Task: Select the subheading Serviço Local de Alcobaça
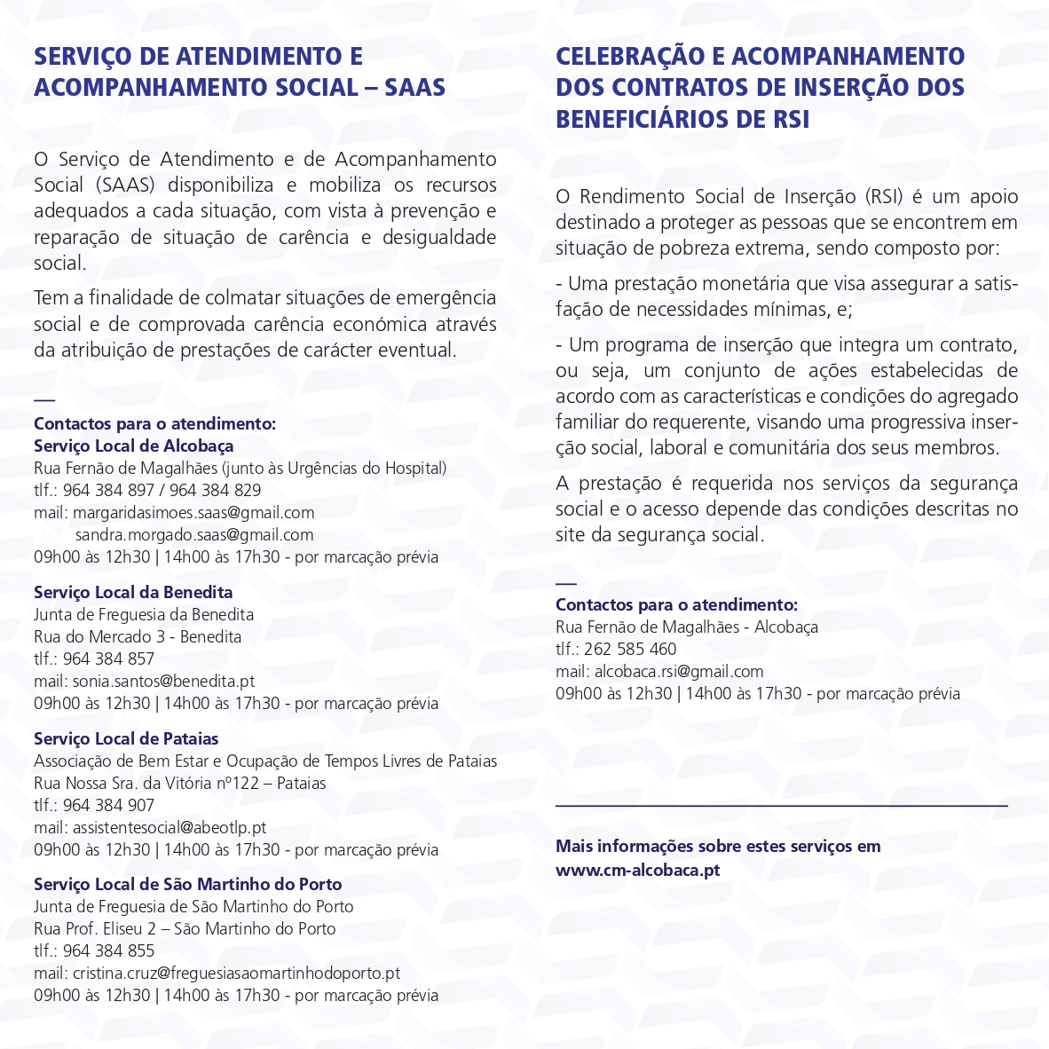pyautogui.click(x=133, y=446)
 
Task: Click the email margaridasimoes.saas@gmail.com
pyautogui.click(x=193, y=512)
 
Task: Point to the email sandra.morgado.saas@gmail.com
pyautogui.click(x=194, y=534)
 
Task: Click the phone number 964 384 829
pyautogui.click(x=216, y=490)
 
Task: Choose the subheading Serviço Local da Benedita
pyautogui.click(x=133, y=592)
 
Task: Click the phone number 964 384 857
pyautogui.click(x=108, y=659)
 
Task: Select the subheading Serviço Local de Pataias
pyautogui.click(x=126, y=738)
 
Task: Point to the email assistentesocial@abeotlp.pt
pyautogui.click(x=170, y=827)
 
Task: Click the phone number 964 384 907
pyautogui.click(x=108, y=805)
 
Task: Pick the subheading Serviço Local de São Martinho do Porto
pyautogui.click(x=187, y=884)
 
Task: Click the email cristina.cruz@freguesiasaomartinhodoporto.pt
pyautogui.click(x=236, y=973)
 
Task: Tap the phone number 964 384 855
pyautogui.click(x=108, y=950)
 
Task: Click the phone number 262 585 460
pyautogui.click(x=630, y=649)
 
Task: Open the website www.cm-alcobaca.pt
pyautogui.click(x=637, y=870)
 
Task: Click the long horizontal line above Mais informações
pyautogui.click(x=781, y=806)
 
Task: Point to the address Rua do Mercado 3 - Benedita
pyautogui.click(x=138, y=636)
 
